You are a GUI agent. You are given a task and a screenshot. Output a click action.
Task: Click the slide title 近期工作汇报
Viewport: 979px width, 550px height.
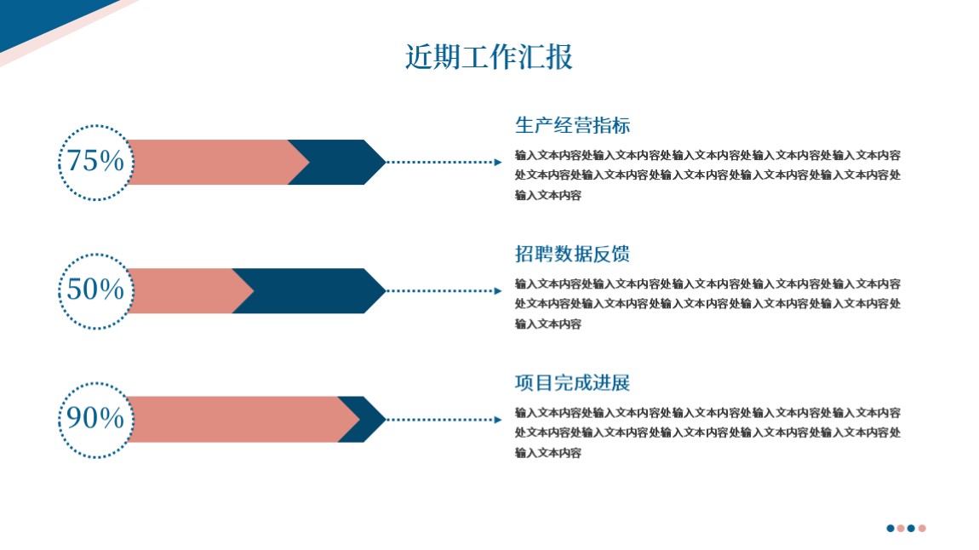(489, 57)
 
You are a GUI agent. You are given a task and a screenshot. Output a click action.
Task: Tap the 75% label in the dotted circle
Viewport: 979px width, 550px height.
(95, 161)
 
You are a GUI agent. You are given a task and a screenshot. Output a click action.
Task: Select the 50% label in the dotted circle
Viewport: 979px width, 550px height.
(95, 289)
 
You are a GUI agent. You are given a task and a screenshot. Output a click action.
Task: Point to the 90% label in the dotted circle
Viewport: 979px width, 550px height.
(95, 418)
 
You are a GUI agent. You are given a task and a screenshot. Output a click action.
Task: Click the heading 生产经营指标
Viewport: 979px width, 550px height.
(573, 125)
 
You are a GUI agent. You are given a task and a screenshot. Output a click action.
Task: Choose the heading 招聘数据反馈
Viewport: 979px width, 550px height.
(573, 254)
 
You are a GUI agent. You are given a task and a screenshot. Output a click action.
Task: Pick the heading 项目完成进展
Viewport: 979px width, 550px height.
(573, 382)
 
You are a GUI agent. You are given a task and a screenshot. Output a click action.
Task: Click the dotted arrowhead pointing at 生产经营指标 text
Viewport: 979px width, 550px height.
(498, 163)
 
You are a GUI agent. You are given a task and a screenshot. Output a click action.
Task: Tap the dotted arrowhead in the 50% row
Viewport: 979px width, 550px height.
(498, 291)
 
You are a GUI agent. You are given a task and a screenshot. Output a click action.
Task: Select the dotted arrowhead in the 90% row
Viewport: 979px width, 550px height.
(498, 420)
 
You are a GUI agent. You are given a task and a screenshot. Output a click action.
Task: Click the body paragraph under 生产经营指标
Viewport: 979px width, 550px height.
(708, 175)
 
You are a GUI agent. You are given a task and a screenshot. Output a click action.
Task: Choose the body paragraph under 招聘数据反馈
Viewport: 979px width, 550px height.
(708, 304)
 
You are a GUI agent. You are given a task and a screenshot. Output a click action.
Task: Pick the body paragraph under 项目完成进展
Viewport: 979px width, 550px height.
(708, 433)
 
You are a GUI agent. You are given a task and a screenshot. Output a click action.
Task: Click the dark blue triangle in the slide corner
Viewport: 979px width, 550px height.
(37, 18)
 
